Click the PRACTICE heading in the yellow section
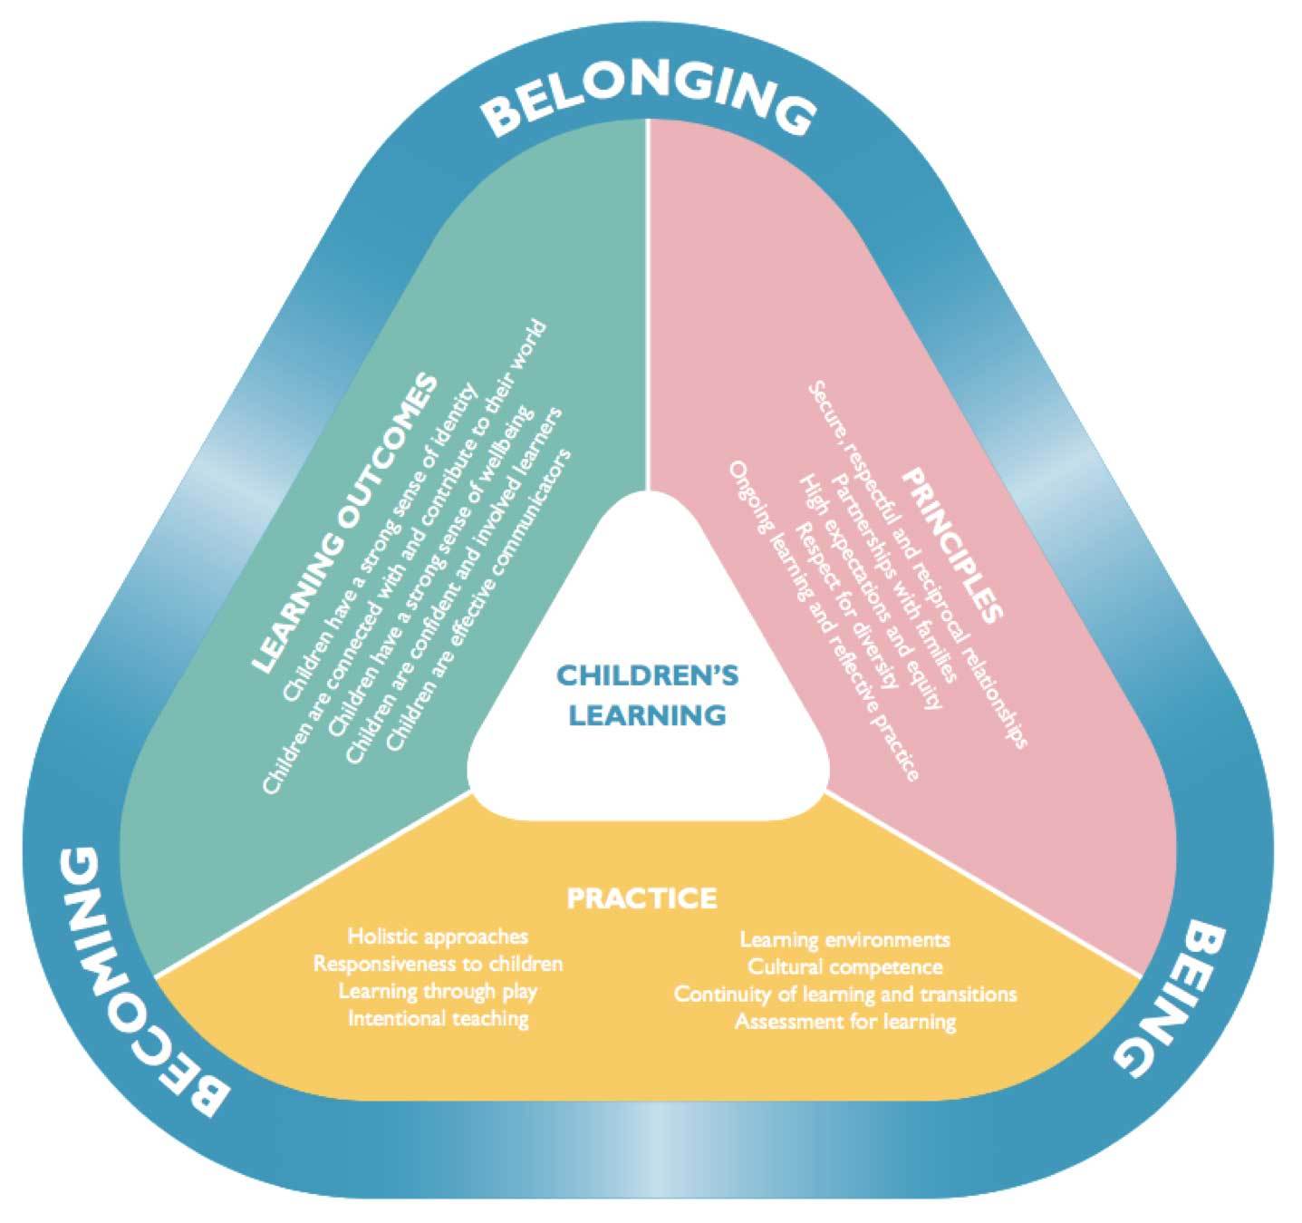tap(641, 898)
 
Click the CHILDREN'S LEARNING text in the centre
tap(647, 694)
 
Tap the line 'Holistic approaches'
tap(438, 936)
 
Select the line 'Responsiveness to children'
tap(438, 963)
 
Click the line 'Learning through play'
tap(438, 991)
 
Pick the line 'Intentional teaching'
tap(438, 1018)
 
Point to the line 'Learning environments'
tap(844, 939)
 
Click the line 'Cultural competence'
tap(844, 966)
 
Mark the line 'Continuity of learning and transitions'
tap(844, 995)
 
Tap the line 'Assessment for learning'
tap(844, 1023)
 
